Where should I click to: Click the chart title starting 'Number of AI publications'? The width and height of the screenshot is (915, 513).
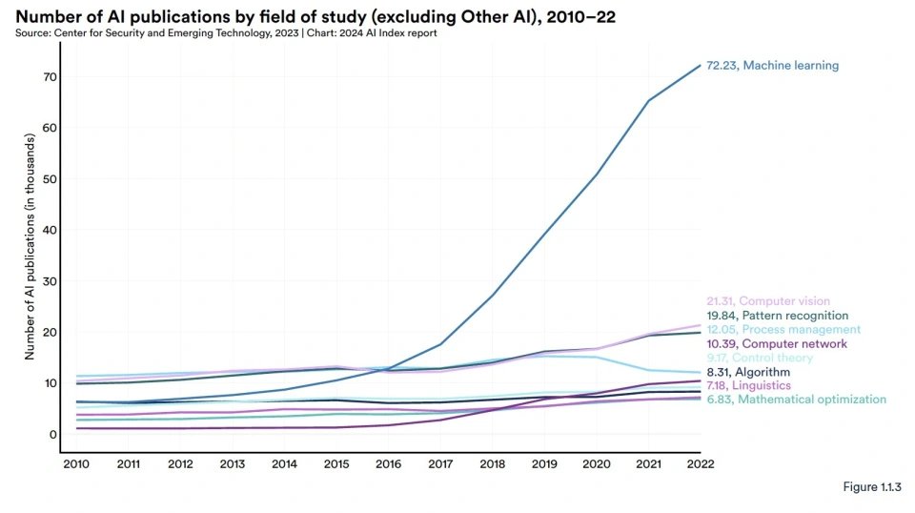(315, 16)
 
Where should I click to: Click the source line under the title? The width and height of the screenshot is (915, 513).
(226, 33)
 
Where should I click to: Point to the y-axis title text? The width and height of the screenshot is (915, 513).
(30, 246)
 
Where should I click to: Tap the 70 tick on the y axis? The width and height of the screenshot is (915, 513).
(50, 77)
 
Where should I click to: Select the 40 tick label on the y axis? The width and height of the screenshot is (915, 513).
(50, 230)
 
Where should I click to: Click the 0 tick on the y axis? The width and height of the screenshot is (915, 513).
(53, 434)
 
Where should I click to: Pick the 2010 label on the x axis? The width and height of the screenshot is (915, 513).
(76, 464)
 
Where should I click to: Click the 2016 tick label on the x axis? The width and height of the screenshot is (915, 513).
(389, 464)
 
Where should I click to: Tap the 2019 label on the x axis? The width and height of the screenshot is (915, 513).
(544, 464)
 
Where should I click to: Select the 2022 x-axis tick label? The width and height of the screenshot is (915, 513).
(701, 464)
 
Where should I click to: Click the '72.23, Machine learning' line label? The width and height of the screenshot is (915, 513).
(773, 66)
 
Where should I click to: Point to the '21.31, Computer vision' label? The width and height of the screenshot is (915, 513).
(768, 301)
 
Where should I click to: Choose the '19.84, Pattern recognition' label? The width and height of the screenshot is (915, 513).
(778, 316)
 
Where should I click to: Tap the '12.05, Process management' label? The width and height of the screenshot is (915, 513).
(783, 330)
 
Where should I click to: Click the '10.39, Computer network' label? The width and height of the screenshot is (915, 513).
(777, 344)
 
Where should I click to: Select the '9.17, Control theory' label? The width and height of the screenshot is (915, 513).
(760, 358)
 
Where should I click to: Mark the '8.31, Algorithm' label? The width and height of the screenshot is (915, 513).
(748, 372)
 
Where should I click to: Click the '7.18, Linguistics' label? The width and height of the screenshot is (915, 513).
(749, 386)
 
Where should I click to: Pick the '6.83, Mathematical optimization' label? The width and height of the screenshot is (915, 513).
(796, 400)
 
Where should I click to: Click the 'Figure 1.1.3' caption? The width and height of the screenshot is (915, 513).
(872, 486)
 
